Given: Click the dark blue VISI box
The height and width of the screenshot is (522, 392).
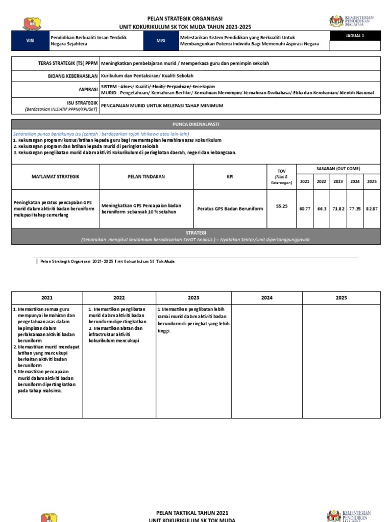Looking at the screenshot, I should click(x=30, y=41).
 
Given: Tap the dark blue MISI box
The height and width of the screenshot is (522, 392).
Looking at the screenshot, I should click(x=161, y=41).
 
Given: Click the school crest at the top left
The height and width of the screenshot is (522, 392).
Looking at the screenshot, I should click(x=33, y=23).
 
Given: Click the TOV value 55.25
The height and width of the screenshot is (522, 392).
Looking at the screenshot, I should click(x=282, y=206).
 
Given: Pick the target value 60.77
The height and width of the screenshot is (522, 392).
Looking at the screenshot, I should click(x=305, y=209).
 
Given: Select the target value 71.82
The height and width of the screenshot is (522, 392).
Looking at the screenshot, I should click(x=338, y=209).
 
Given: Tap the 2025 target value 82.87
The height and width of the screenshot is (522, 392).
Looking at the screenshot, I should click(x=372, y=209).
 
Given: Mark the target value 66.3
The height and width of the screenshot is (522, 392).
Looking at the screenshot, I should click(x=322, y=209).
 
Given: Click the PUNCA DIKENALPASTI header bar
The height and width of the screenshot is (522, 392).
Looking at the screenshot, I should click(x=195, y=124).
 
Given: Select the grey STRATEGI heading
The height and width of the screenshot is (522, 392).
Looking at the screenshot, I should click(x=195, y=232).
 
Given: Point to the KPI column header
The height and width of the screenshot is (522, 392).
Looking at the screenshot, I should click(x=230, y=176).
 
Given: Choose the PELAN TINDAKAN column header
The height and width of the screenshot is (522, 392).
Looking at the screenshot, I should click(x=146, y=176).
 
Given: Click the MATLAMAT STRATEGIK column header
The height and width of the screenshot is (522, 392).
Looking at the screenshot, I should click(x=56, y=176).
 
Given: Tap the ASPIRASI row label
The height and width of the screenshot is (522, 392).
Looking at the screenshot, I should click(x=86, y=89).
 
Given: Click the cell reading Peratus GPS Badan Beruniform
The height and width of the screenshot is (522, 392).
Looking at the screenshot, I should click(x=230, y=208).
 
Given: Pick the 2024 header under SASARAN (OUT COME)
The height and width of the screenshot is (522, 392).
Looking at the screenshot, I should click(x=355, y=181).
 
